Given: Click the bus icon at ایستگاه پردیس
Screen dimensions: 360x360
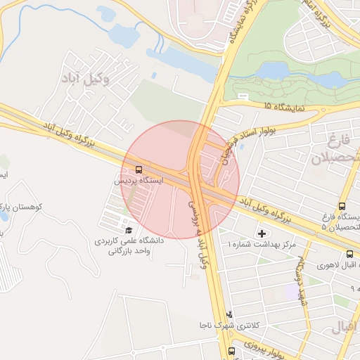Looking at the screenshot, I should point(138,169).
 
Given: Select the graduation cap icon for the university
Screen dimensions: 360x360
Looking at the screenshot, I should point(128,229).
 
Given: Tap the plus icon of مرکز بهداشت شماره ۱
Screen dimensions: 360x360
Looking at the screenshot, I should point(263,233).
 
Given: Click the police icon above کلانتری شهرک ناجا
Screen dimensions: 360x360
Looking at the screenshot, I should point(229,314).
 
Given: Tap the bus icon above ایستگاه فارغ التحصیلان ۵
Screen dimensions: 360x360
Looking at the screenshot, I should point(342,207).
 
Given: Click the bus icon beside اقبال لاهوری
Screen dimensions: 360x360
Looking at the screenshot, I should point(349,254).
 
